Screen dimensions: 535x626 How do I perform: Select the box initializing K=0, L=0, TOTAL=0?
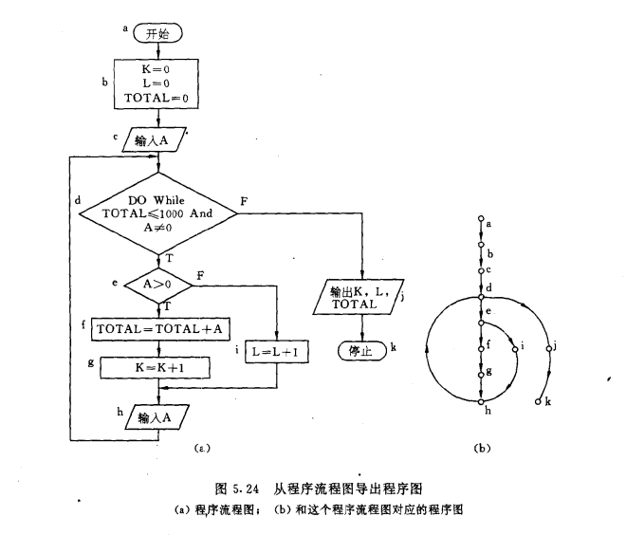point(156,83)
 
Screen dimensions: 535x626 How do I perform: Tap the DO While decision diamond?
point(156,212)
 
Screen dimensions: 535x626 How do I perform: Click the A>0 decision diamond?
point(156,283)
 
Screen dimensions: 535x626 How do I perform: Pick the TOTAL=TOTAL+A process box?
point(156,328)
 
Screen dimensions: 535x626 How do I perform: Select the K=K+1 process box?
point(156,364)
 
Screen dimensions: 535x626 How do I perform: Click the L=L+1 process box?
point(275,353)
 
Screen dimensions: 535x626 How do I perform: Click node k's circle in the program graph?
point(538,402)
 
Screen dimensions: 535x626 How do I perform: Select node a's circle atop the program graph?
point(482,220)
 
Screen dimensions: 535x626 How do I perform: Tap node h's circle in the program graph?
point(482,402)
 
